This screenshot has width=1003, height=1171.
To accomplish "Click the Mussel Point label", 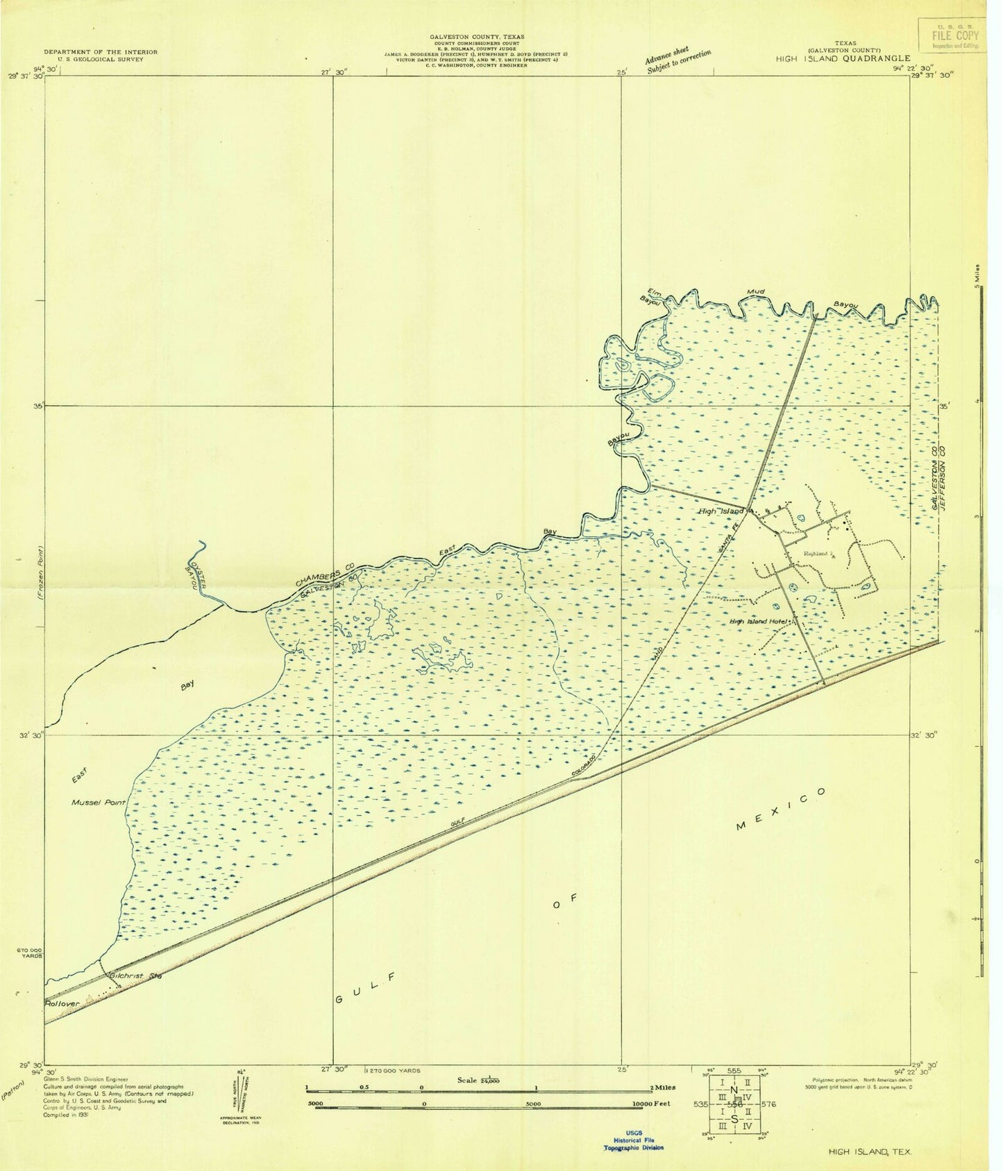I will (99, 803).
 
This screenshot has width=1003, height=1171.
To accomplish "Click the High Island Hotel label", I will (759, 622).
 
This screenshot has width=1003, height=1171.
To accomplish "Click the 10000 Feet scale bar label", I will (656, 1122).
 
